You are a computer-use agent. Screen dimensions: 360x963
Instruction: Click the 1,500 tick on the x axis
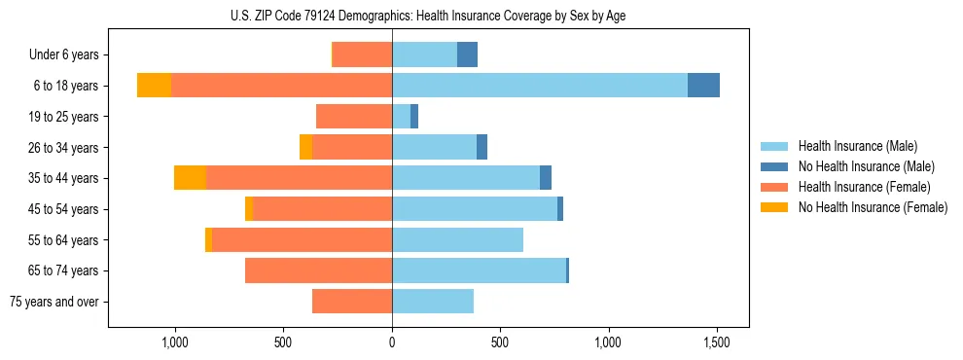[x=717, y=342]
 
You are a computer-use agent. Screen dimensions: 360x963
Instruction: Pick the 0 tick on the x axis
[x=392, y=342]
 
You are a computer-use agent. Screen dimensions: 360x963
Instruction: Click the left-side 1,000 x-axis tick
[x=175, y=342]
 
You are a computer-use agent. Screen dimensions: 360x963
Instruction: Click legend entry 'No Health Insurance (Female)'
[x=873, y=207]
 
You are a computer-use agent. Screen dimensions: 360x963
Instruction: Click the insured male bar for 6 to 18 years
[x=540, y=86]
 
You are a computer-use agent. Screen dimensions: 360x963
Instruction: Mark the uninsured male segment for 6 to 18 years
[x=703, y=86]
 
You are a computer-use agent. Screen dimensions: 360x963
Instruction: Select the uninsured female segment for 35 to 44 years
[x=190, y=178]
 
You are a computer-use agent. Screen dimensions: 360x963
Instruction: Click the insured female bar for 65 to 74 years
[x=318, y=270]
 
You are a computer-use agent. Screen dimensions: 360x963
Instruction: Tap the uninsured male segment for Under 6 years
[x=467, y=55]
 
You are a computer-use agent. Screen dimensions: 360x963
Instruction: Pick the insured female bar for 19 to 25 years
[x=354, y=117]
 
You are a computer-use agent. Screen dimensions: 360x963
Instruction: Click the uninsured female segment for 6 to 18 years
[x=154, y=86]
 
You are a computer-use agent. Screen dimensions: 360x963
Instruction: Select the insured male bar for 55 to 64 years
[x=457, y=239]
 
